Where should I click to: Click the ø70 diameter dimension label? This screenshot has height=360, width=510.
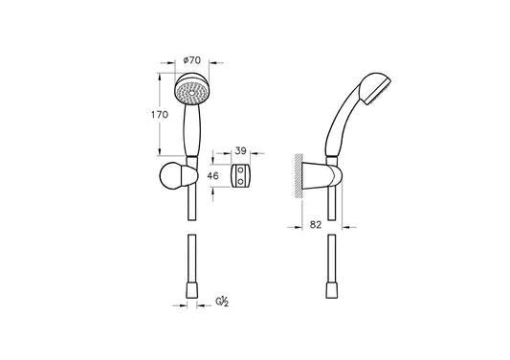[192, 60]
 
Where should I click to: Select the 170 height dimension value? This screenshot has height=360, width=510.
[160, 115]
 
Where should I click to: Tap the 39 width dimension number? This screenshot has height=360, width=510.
[241, 150]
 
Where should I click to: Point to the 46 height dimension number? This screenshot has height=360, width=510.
[213, 176]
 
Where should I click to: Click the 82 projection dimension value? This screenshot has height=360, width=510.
[316, 225]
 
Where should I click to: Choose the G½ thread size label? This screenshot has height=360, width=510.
[223, 302]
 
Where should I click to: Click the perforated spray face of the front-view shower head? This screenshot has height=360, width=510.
[192, 93]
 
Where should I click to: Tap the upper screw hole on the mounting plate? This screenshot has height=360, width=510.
[241, 169]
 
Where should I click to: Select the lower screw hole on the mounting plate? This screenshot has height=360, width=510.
[241, 182]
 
